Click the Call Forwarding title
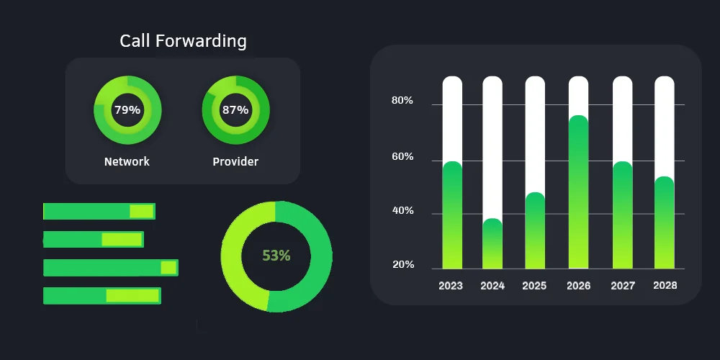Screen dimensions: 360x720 (x=183, y=41)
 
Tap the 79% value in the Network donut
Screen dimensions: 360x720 (x=127, y=110)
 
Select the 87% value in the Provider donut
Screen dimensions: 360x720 (x=235, y=110)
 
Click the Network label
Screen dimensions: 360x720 (x=127, y=161)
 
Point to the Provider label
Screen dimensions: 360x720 (x=235, y=161)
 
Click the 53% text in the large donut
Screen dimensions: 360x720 (x=276, y=256)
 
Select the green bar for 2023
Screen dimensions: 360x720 (x=452, y=216)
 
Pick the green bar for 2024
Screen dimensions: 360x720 (x=492, y=245)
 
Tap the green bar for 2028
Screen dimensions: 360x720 (x=665, y=223)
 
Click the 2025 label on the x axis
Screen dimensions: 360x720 (x=534, y=286)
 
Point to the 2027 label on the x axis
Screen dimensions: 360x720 (x=623, y=286)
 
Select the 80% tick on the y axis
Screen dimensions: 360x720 (x=402, y=101)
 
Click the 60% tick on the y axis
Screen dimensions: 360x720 (x=402, y=157)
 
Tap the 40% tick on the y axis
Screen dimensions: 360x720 (x=402, y=211)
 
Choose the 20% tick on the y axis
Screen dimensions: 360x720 (x=402, y=265)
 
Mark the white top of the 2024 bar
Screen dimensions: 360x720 (x=492, y=144)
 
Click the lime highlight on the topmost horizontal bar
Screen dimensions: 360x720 (x=141, y=211)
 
